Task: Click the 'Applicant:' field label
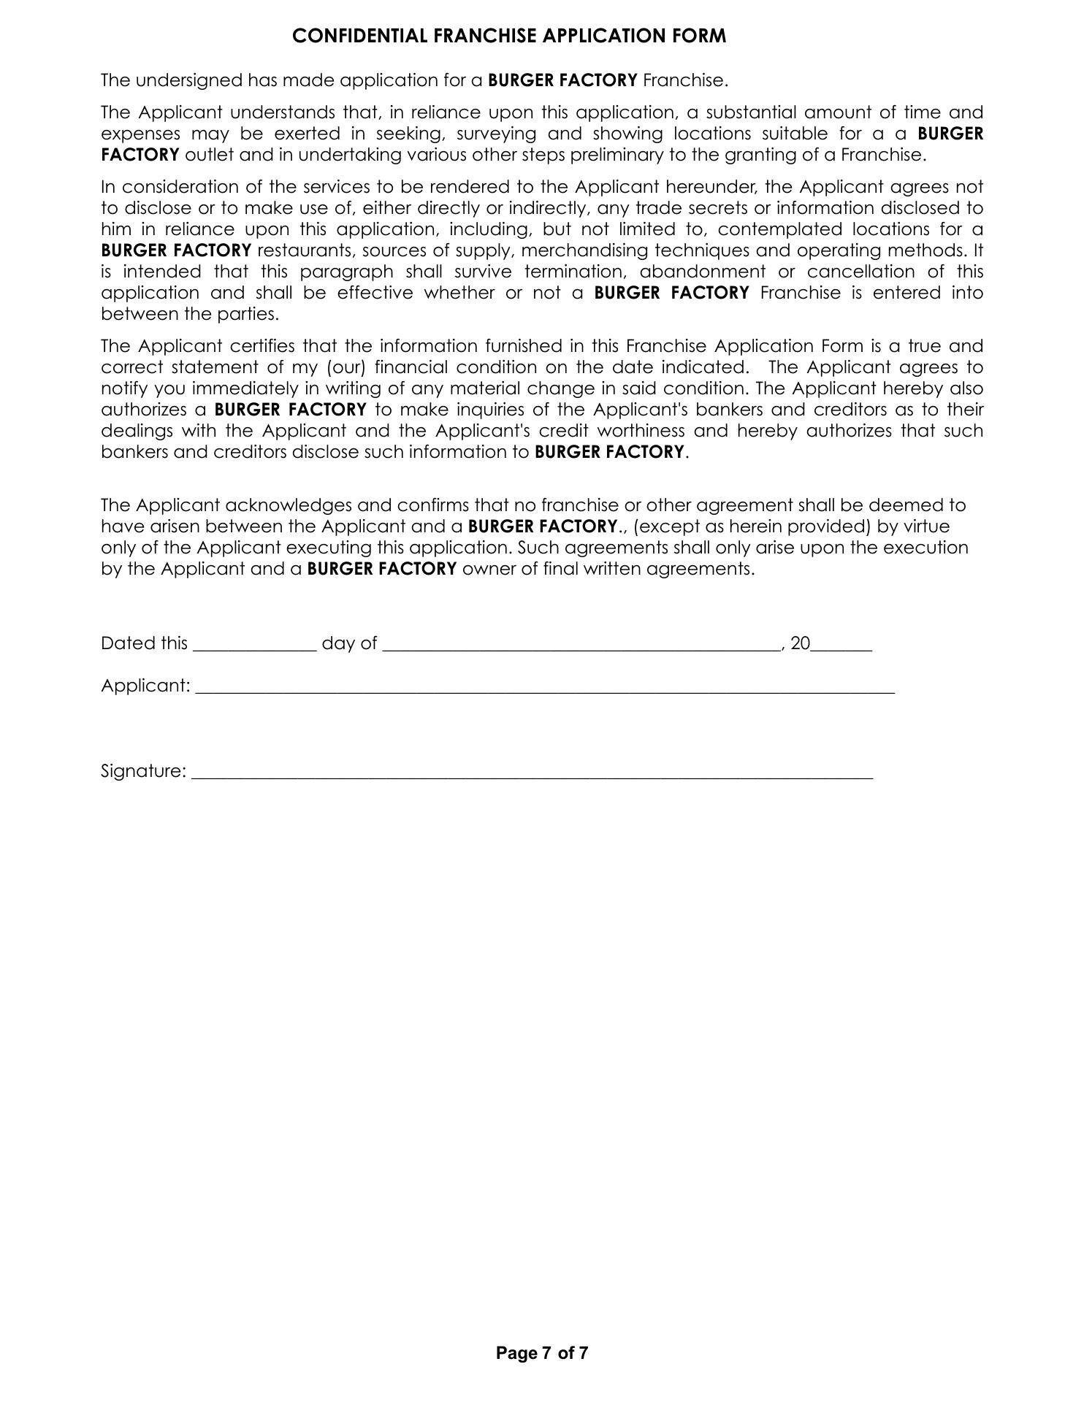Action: [x=145, y=686]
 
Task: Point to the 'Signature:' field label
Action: [x=143, y=772]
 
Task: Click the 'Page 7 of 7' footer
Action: [x=542, y=1353]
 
